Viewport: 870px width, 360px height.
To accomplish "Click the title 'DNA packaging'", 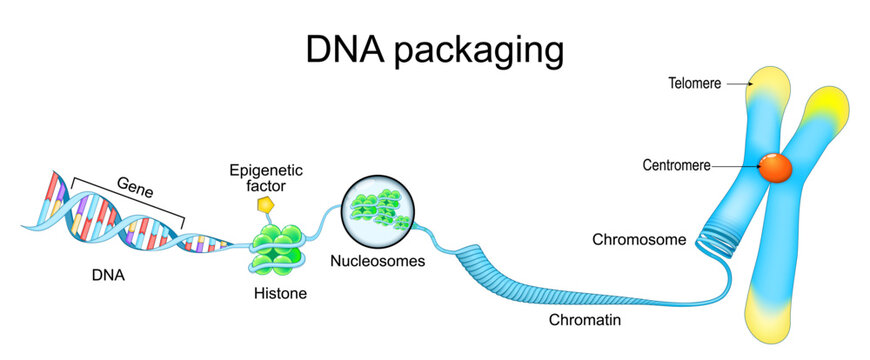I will pyautogui.click(x=434, y=48).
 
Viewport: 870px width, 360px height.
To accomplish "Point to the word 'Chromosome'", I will pyautogui.click(x=639, y=240).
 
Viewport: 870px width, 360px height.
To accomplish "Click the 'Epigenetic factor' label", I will pyautogui.click(x=265, y=178).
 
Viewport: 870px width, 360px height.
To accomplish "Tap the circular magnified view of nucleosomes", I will pyautogui.click(x=376, y=211).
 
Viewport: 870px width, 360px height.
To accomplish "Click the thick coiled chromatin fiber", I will pyautogui.click(x=500, y=275).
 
